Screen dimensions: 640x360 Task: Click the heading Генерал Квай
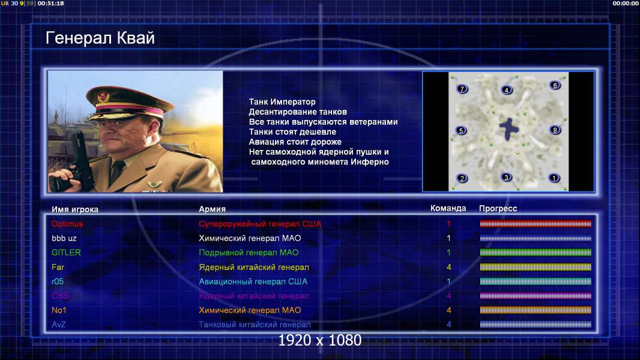100,38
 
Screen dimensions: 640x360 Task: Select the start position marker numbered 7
462,89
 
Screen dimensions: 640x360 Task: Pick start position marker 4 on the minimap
507,90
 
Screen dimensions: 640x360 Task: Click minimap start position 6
555,85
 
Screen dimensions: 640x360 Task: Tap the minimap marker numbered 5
461,131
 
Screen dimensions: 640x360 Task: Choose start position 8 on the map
555,130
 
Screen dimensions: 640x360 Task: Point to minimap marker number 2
462,178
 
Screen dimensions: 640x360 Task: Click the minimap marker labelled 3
506,178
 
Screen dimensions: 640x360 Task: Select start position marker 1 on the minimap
554,178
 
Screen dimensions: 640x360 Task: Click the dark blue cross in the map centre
509,129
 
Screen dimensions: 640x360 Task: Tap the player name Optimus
67,224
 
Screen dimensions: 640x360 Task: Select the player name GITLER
66,253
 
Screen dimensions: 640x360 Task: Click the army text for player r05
253,281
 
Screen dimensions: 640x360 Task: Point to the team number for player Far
448,267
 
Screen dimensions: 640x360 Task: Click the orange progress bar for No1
536,310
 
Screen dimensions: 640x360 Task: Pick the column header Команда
448,208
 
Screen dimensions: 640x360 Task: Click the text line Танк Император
282,102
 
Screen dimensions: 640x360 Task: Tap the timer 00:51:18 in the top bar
50,3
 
